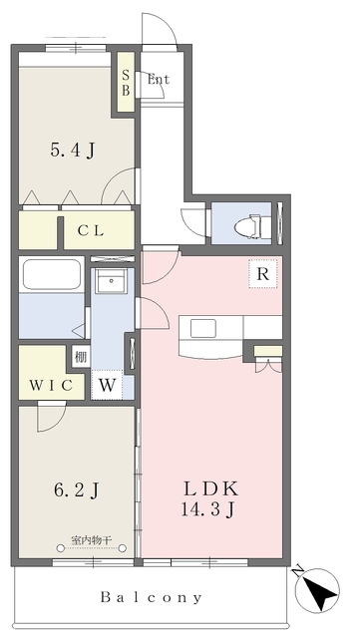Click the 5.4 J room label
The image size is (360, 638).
[x=73, y=151]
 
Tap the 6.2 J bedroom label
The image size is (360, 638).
[x=76, y=489]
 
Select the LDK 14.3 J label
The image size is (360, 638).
[x=209, y=498]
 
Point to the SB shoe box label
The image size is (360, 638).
[x=126, y=83]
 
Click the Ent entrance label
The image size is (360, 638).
[x=159, y=79]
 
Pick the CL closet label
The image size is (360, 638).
[x=91, y=231]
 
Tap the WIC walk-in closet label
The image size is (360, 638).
[x=51, y=385]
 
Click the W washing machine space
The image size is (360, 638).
[x=107, y=385]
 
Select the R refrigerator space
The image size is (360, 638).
[x=263, y=274]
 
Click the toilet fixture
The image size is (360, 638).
[x=248, y=225]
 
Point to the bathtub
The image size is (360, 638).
[x=51, y=275]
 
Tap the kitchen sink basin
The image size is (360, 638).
[x=203, y=328]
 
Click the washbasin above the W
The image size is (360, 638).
[x=111, y=281]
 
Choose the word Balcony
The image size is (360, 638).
[x=152, y=597]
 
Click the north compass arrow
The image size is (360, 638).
[x=318, y=589]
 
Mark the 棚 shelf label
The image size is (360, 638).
[x=80, y=357]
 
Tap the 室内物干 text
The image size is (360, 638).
[x=91, y=540]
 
